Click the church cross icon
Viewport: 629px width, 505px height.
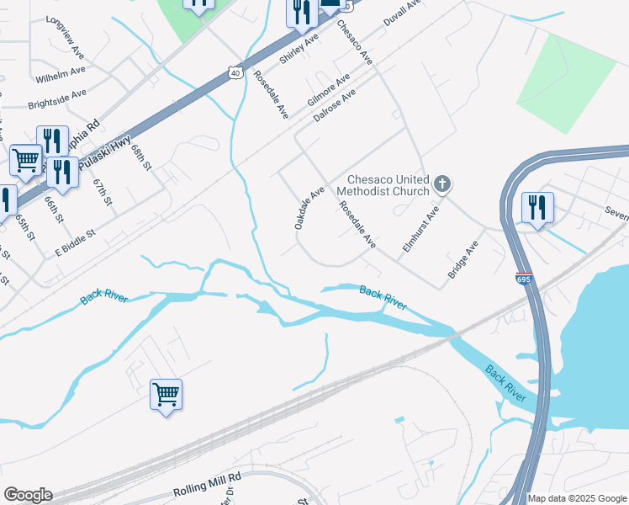pos(442,183)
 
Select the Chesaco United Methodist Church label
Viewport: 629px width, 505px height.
pos(388,185)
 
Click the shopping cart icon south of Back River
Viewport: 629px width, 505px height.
pos(166,393)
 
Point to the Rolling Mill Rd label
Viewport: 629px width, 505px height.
pos(207,484)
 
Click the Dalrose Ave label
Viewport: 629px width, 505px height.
pos(335,107)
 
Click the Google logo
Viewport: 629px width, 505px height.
pos(28,495)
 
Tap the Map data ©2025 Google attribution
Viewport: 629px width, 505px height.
pos(577,498)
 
